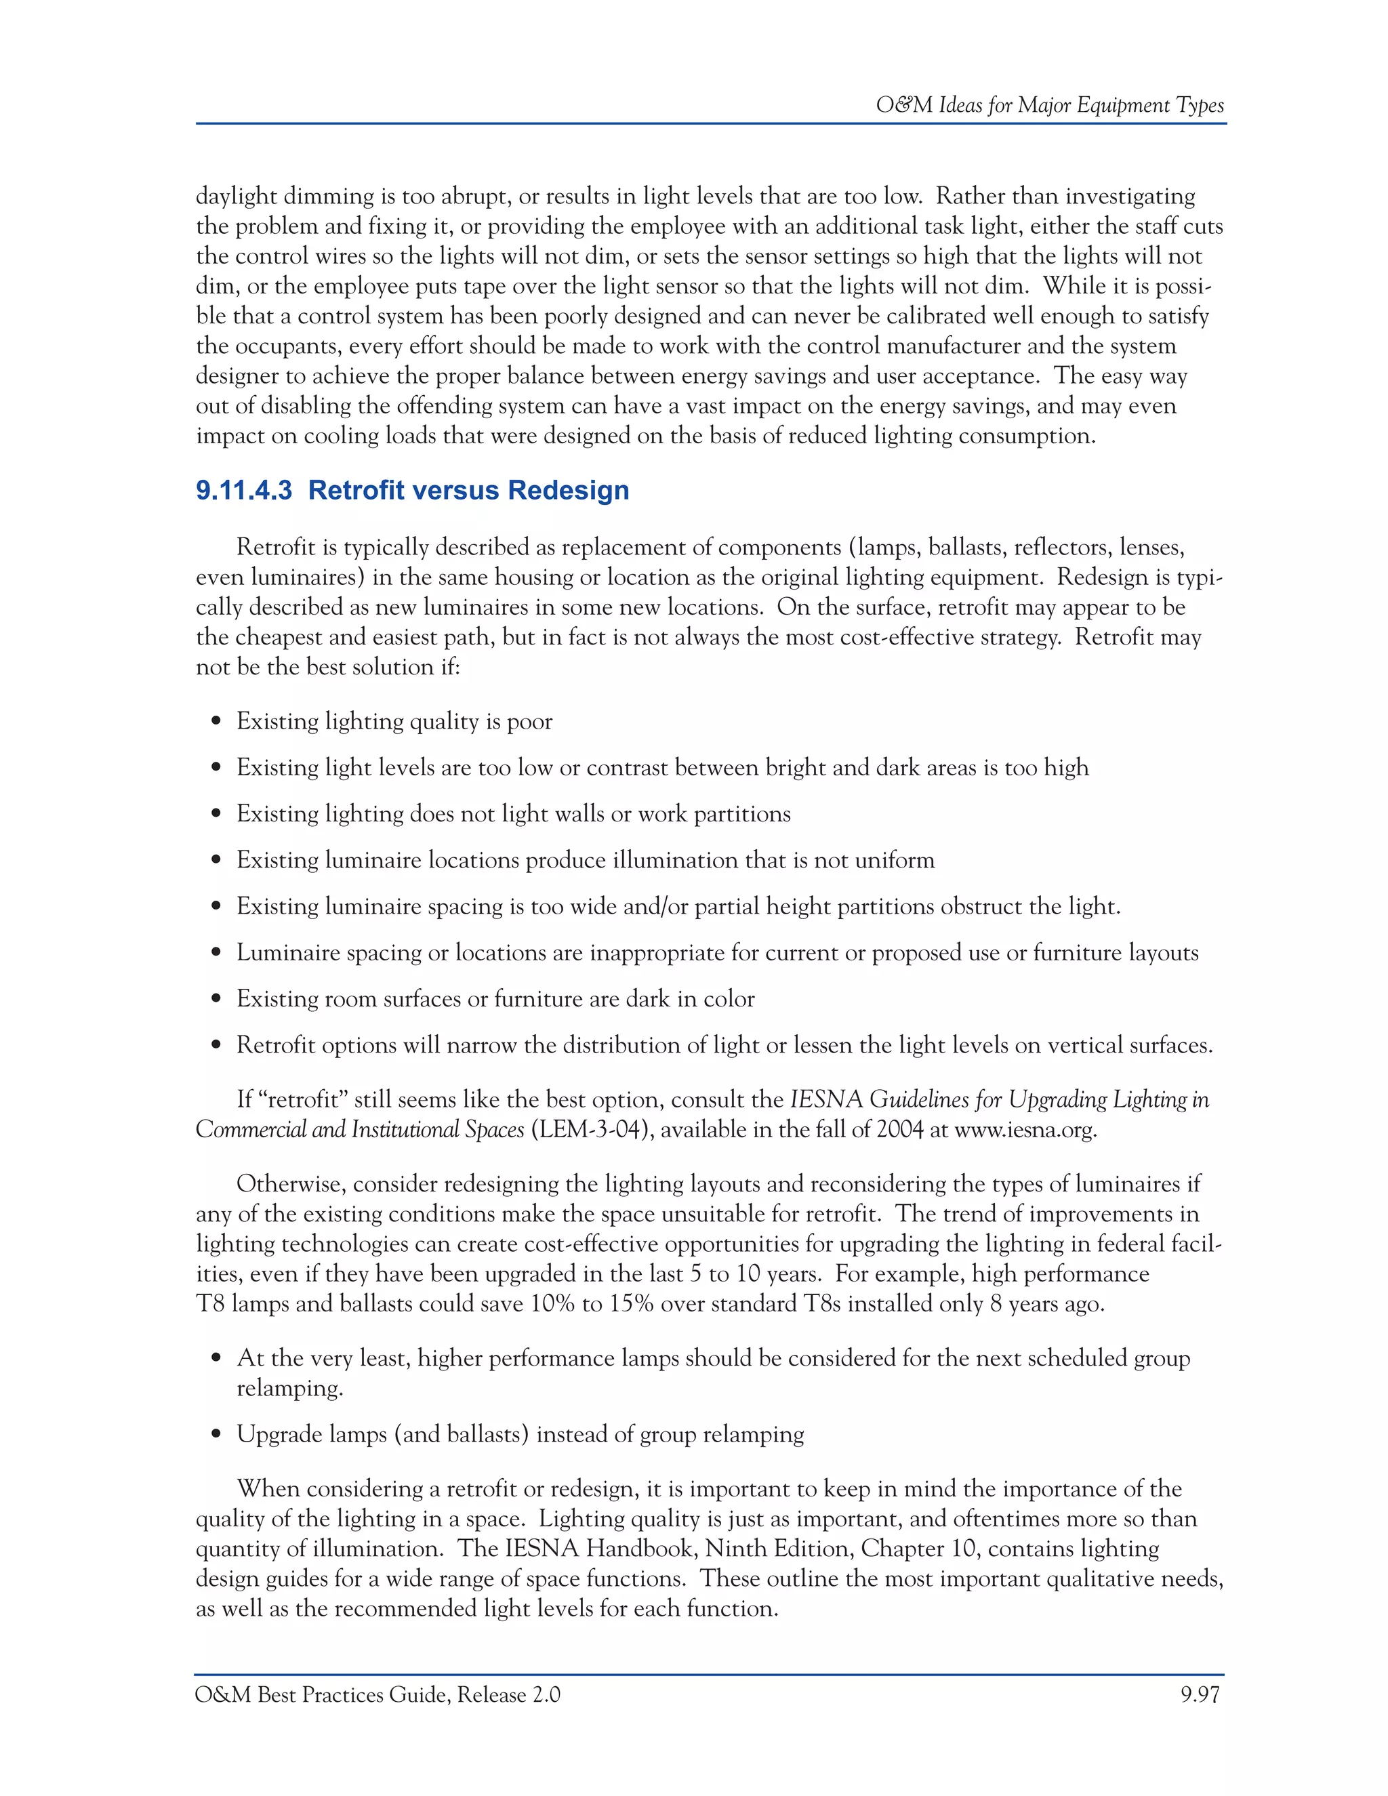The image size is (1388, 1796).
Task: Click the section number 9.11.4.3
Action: coord(243,490)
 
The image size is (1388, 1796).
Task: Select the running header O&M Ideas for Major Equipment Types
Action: coord(1049,105)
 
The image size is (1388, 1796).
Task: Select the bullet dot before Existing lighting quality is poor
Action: coord(216,722)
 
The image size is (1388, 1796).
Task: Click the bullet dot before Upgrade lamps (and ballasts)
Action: coord(216,1435)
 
